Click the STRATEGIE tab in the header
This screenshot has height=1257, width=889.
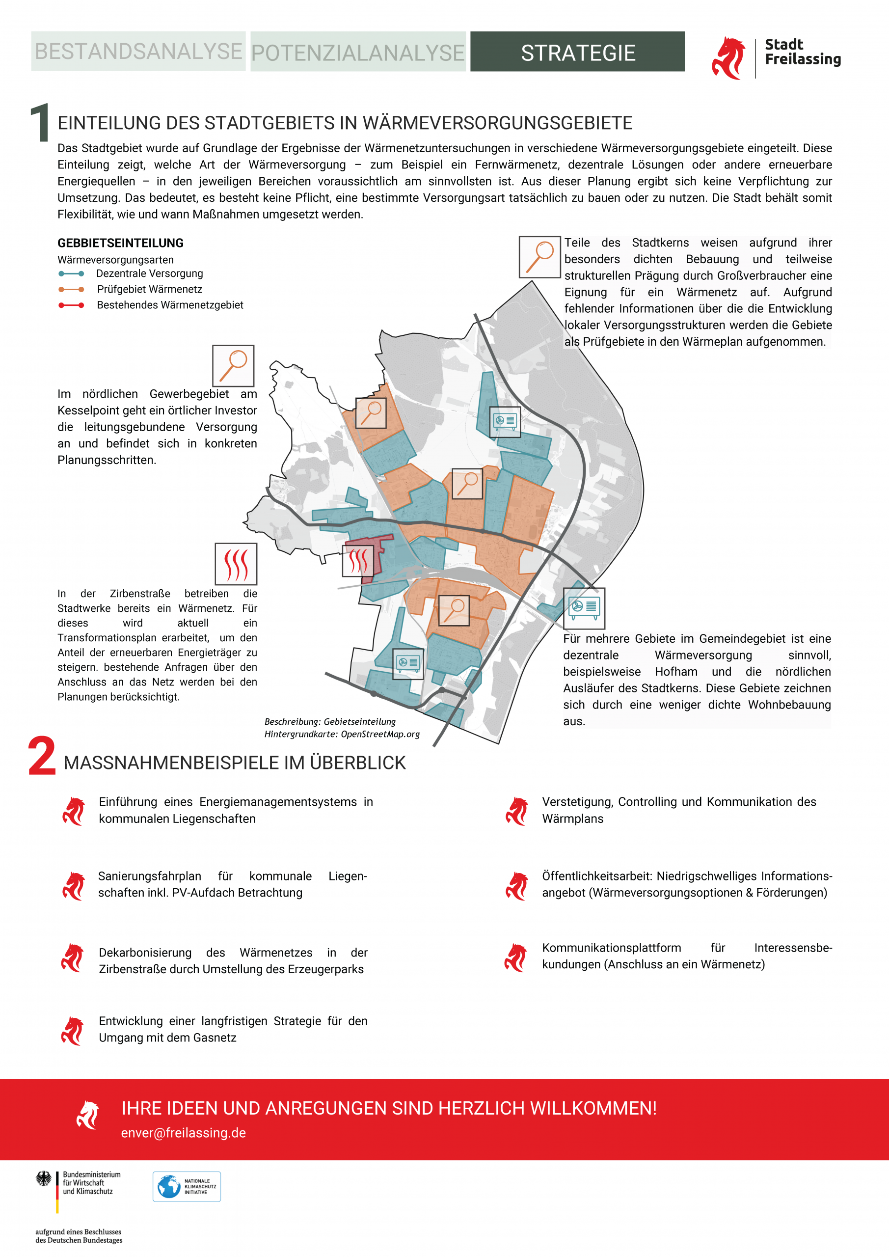(577, 52)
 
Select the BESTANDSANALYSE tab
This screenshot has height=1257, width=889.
(138, 52)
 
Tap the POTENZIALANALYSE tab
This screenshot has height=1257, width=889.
(358, 53)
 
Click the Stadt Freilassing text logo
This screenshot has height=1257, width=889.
(802, 52)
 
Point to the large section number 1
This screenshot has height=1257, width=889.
(39, 123)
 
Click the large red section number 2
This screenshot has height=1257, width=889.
(42, 756)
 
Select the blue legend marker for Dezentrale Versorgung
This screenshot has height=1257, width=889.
(71, 273)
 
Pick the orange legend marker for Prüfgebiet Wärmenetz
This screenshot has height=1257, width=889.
(71, 290)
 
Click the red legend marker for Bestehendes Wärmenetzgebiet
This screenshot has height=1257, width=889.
(71, 305)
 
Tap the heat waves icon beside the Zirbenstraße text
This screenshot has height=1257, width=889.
(236, 564)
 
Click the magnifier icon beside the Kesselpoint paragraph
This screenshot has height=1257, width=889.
(233, 366)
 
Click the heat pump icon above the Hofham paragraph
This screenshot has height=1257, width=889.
(584, 608)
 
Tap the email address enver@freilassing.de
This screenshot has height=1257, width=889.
(184, 1133)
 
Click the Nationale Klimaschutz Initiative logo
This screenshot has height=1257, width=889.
(187, 1186)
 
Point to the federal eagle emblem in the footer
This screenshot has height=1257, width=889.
(44, 1179)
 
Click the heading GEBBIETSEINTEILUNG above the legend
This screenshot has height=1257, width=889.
(120, 243)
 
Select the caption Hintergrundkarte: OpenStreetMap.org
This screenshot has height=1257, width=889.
(342, 734)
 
